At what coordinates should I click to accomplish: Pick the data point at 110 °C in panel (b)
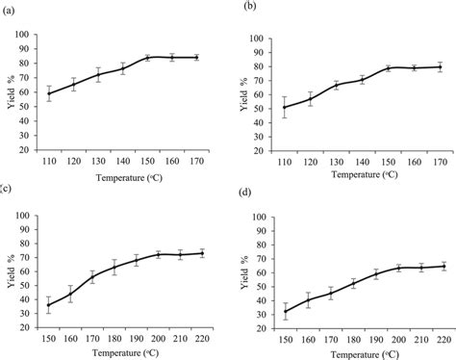coord(287,107)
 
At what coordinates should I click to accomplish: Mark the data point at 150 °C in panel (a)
coord(148,58)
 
